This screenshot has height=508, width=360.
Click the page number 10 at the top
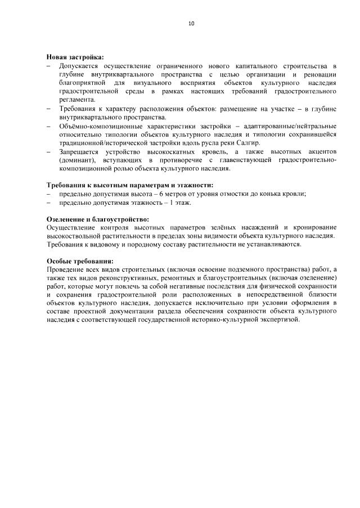191,24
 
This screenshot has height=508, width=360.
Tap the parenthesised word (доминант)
78,160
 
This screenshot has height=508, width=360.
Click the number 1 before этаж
172,202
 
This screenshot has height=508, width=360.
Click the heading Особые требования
79,261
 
